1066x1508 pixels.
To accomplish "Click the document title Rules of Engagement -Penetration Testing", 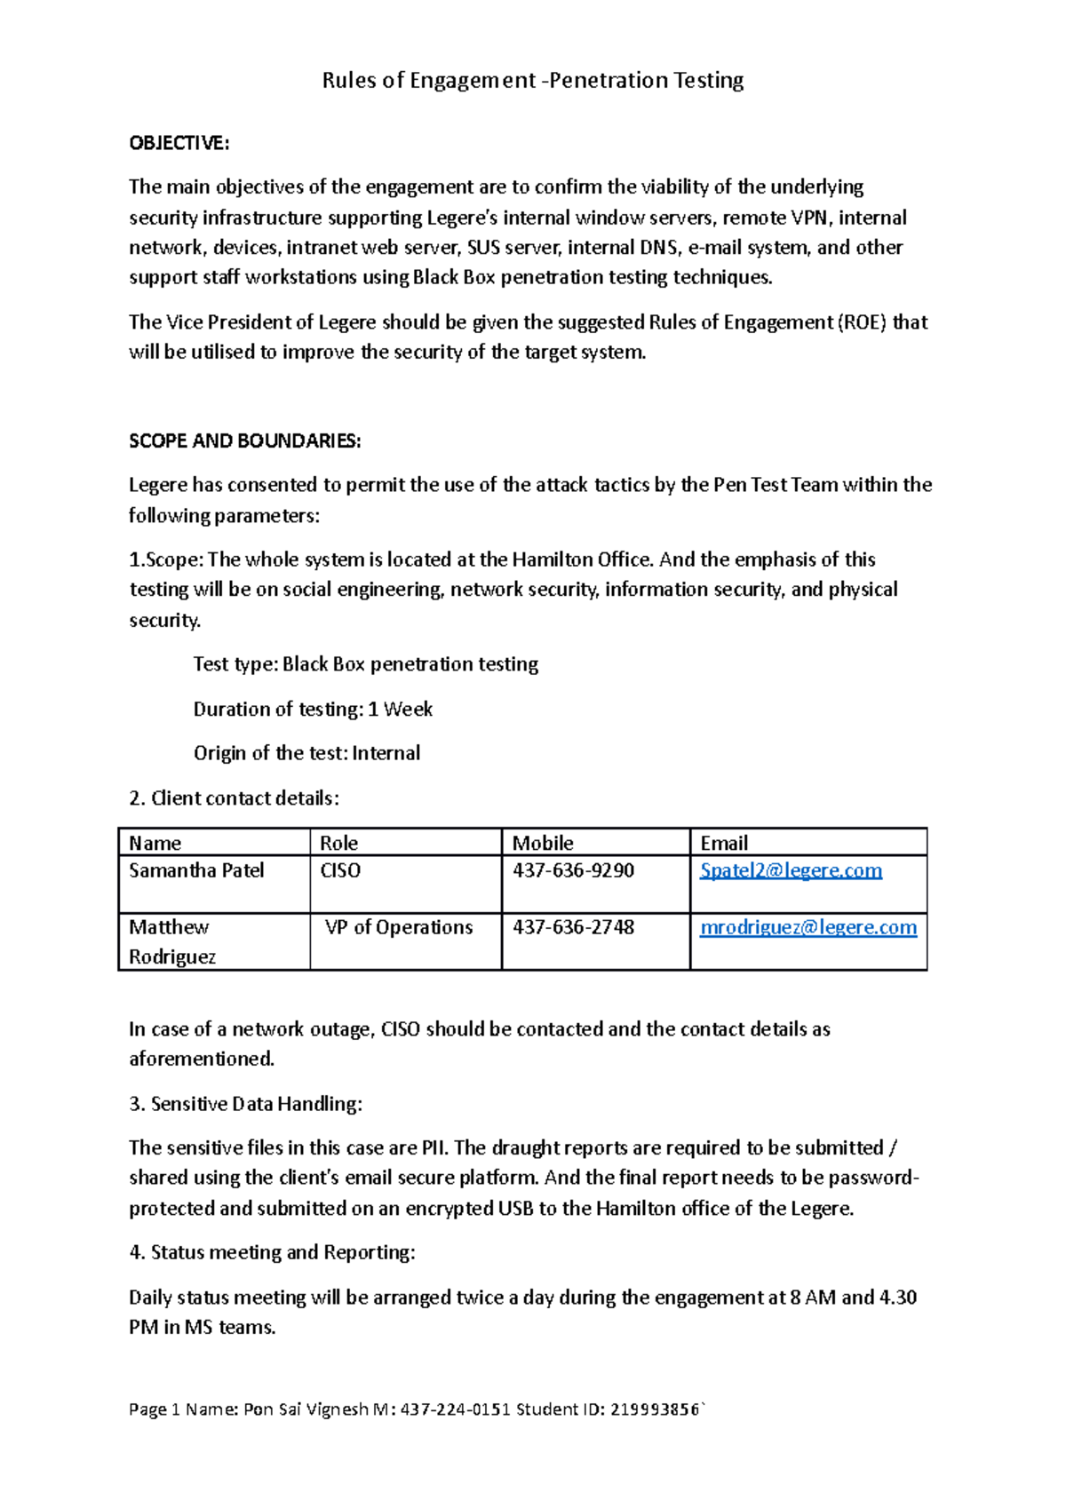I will click(532, 81).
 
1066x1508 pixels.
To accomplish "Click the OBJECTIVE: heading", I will click(179, 143).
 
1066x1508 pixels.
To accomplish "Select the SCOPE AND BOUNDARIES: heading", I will click(244, 441).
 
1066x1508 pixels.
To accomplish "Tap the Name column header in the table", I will click(155, 843).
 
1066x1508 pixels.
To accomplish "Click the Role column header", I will click(339, 843).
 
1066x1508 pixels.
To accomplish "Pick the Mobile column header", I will click(543, 843).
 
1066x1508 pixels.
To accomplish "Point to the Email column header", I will click(724, 843).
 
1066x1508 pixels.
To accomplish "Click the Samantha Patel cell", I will click(196, 870).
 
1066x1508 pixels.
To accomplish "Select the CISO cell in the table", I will click(340, 870).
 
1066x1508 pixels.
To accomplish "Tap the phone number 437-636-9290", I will click(573, 870).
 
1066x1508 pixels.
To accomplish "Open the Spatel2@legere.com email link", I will click(791, 870).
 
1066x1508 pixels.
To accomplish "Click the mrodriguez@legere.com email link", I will click(807, 927).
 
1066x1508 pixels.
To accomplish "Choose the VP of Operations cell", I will click(399, 927).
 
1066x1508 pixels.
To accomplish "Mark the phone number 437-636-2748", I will click(573, 927).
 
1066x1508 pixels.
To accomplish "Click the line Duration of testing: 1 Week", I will click(313, 709).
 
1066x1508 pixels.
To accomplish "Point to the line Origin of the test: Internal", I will click(306, 753).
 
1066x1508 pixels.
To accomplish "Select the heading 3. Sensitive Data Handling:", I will click(245, 1104).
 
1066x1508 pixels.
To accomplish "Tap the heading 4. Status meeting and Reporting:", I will click(272, 1252).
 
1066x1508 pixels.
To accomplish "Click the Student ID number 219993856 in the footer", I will click(655, 1409).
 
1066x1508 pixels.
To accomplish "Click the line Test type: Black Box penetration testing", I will click(365, 664).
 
